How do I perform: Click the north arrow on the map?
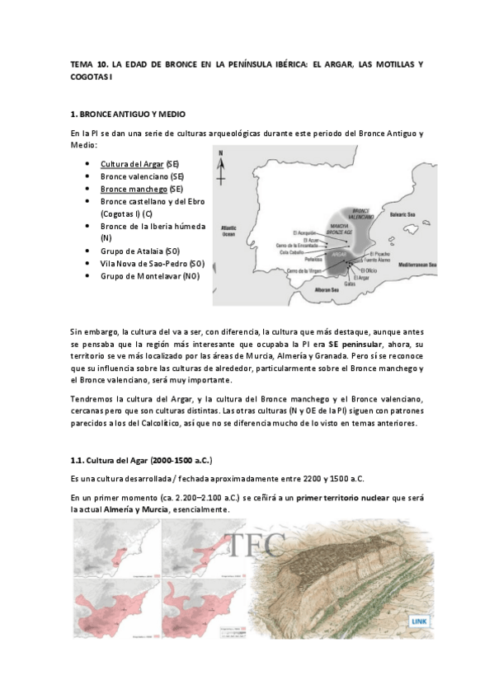[220, 169]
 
